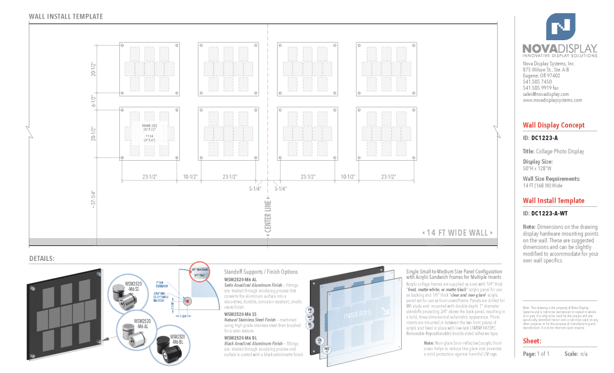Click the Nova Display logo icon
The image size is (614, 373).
point(560,26)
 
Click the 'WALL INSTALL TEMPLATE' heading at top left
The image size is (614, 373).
point(66,17)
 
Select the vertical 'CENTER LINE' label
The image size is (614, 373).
point(268,218)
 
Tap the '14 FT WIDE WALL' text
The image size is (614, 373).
point(458,233)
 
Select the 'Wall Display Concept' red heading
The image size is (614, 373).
point(553,125)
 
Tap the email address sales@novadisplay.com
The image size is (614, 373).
point(545,94)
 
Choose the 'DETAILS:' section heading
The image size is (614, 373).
point(42,258)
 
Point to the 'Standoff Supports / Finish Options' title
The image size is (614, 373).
point(260,272)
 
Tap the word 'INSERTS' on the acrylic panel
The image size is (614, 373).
point(357,315)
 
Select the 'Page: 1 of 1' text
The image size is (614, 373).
point(536,354)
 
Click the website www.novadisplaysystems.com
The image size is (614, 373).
point(552,100)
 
